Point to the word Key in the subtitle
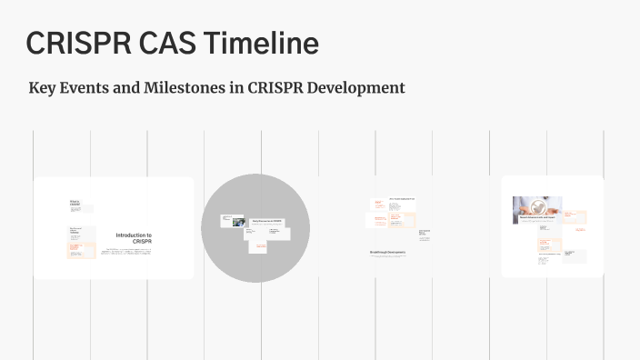(43, 88)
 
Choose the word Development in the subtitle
(357, 88)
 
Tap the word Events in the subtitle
(86, 88)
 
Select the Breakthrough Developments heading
(387, 252)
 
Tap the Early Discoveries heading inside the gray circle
(266, 221)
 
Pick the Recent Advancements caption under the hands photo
(536, 218)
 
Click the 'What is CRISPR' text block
(75, 205)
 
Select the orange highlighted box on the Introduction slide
(82, 250)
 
